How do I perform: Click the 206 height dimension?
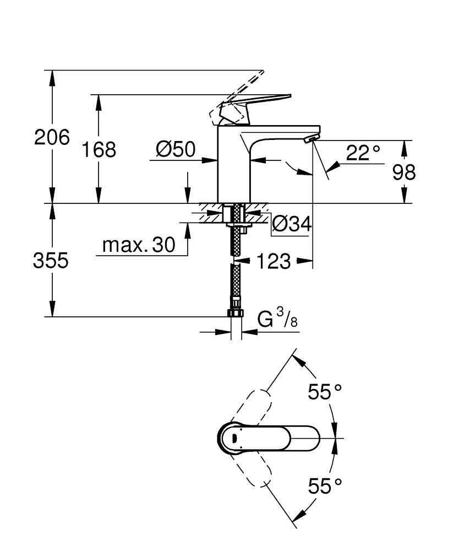pyautogui.click(x=52, y=137)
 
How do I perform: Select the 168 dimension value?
pyautogui.click(x=99, y=149)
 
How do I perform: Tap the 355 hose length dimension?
pyautogui.click(x=51, y=260)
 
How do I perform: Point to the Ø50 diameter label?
pyautogui.click(x=175, y=149)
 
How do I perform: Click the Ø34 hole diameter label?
pyautogui.click(x=292, y=224)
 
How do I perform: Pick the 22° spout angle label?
pyautogui.click(x=363, y=153)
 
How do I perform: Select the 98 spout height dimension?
pyautogui.click(x=404, y=172)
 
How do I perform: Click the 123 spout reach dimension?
pyautogui.click(x=273, y=261)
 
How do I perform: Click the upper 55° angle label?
pyautogui.click(x=325, y=392)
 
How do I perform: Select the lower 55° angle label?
pyautogui.click(x=325, y=486)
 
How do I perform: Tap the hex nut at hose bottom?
pyautogui.click(x=235, y=314)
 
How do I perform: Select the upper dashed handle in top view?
pyautogui.click(x=254, y=407)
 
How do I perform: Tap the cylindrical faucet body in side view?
pyautogui.click(x=234, y=165)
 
